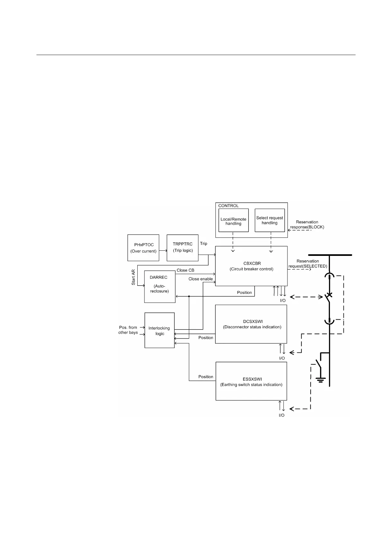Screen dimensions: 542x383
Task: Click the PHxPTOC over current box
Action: point(143,248)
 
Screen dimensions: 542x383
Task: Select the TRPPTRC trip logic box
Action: point(183,248)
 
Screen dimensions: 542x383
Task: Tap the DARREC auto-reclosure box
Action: point(160,286)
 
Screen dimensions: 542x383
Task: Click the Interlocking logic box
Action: point(160,330)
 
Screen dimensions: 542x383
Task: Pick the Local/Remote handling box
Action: point(233,220)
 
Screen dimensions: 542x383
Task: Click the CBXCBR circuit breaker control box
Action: point(251,266)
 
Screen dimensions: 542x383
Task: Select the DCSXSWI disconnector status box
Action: point(251,324)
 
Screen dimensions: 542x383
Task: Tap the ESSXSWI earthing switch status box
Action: point(251,381)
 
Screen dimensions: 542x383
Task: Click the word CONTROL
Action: point(228,206)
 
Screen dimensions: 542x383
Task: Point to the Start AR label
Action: point(133,277)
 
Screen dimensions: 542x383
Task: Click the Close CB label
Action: point(186,270)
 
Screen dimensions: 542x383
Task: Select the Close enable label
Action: point(200,279)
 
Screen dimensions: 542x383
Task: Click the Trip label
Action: point(204,244)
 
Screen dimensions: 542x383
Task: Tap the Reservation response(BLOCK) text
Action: point(307,225)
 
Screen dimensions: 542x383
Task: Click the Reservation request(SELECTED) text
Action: point(308,264)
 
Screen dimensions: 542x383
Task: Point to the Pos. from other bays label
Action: point(128,330)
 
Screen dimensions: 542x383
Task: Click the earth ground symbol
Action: point(320,379)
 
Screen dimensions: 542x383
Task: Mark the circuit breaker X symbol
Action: point(329,295)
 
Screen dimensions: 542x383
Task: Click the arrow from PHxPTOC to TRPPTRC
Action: point(163,250)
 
